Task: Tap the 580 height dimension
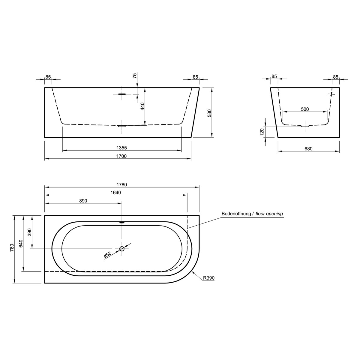pyautogui.click(x=210, y=113)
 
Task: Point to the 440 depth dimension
pyautogui.click(x=142, y=106)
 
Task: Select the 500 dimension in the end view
pyautogui.click(x=305, y=109)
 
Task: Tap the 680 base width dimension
pyautogui.click(x=308, y=148)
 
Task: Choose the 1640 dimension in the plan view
pyautogui.click(x=115, y=193)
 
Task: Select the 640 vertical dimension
pyautogui.click(x=21, y=243)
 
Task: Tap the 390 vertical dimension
pyautogui.click(x=29, y=232)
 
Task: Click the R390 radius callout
pyautogui.click(x=208, y=278)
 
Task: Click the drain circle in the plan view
pyautogui.click(x=122, y=248)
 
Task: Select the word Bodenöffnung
pyautogui.click(x=236, y=214)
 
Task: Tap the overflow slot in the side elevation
pyautogui.click(x=122, y=94)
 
